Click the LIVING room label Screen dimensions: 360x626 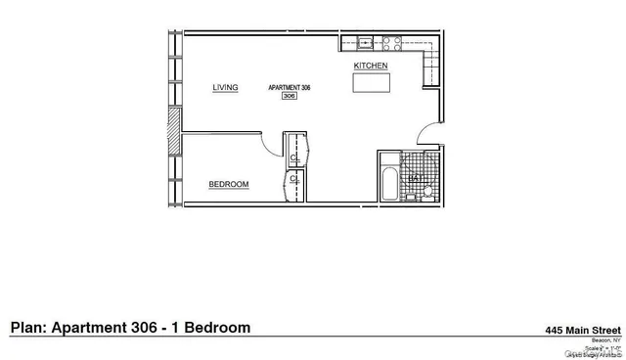pyautogui.click(x=226, y=88)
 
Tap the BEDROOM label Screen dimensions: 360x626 pyautogui.click(x=229, y=184)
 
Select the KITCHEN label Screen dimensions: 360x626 pyautogui.click(x=371, y=66)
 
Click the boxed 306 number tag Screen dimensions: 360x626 pyautogui.click(x=289, y=96)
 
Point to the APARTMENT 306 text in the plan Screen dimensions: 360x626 pyautogui.click(x=289, y=87)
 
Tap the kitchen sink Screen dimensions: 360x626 pyautogui.click(x=365, y=42)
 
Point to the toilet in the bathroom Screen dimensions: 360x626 pyautogui.click(x=428, y=194)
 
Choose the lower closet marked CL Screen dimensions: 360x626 pyautogui.click(x=294, y=180)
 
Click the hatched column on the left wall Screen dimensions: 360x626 pyautogui.click(x=173, y=129)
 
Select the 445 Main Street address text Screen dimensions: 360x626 pyautogui.click(x=584, y=331)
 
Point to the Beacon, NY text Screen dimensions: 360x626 pyautogui.click(x=601, y=340)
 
